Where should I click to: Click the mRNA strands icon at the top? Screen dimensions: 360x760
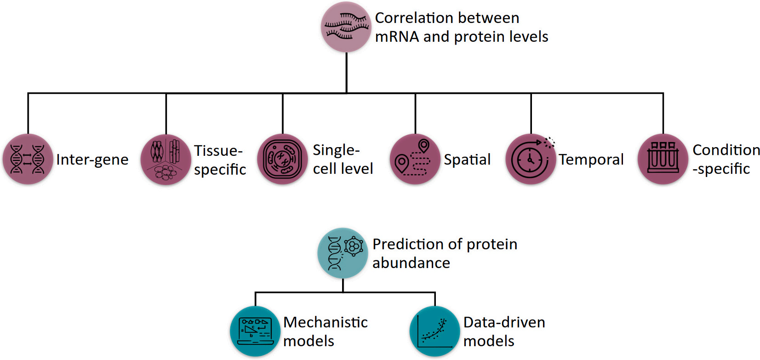346,27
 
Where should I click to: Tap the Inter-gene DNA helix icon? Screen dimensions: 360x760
28,159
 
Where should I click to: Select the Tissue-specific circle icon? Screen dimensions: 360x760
166,159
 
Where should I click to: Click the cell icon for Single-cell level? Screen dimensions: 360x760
282,159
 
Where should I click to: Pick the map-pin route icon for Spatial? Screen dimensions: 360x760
415,159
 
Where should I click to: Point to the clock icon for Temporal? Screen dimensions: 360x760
531,159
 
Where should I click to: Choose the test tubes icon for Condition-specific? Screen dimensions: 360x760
663,159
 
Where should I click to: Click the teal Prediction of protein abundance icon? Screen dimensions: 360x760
343,252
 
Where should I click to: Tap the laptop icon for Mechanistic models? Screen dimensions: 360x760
255,331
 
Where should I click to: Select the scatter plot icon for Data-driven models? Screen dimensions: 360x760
434,331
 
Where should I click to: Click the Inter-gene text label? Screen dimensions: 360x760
92,160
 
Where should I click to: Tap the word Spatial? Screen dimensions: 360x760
467,160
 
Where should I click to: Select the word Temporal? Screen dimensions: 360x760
591,160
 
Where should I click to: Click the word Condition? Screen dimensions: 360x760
726,150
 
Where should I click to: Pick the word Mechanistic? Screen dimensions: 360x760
326,322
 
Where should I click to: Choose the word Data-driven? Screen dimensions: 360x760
504,322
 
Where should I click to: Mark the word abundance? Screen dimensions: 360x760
411,263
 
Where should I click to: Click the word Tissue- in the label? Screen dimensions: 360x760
218,150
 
